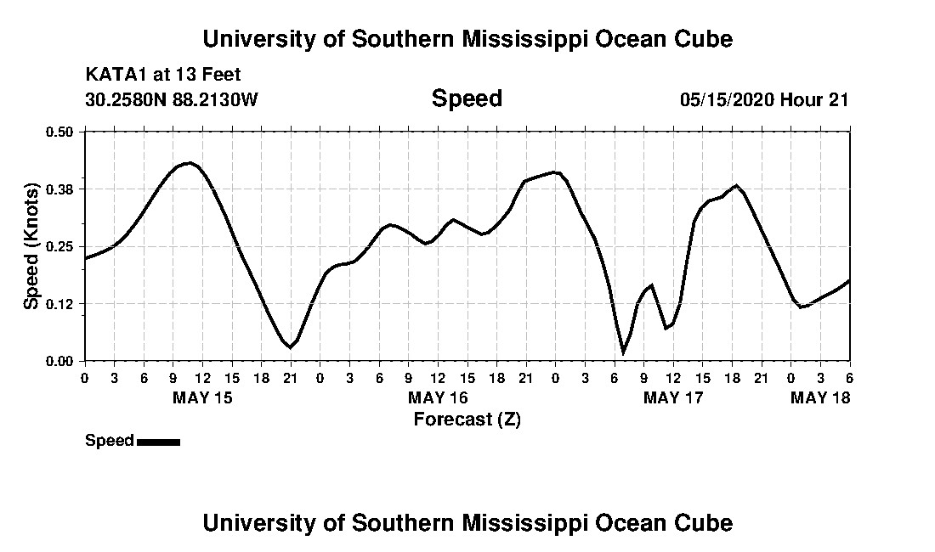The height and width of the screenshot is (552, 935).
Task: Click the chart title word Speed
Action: click(x=467, y=99)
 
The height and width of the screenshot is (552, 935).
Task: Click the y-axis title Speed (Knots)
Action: click(x=31, y=245)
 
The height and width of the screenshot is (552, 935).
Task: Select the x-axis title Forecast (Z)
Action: click(x=467, y=419)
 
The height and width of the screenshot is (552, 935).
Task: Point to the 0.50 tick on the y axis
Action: click(x=59, y=132)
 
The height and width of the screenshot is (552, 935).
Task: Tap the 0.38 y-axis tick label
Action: click(x=59, y=189)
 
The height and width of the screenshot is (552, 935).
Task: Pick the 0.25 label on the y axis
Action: click(x=59, y=246)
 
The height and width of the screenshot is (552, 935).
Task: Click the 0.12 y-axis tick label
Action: click(x=59, y=304)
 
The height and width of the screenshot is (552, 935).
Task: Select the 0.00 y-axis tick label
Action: click(x=59, y=361)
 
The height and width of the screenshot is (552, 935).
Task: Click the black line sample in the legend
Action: click(x=158, y=442)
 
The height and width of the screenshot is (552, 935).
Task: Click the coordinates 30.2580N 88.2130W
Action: click(x=172, y=99)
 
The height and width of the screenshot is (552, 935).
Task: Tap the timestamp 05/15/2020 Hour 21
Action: click(x=764, y=99)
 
